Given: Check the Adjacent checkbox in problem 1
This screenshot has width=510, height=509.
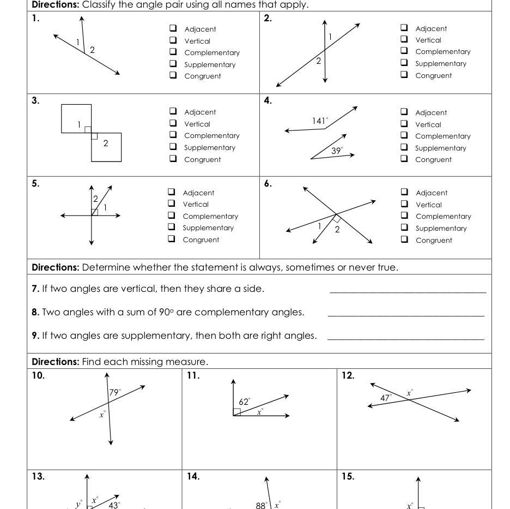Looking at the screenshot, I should coord(173,29).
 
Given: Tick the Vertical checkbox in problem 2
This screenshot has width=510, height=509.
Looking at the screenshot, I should coord(404,40).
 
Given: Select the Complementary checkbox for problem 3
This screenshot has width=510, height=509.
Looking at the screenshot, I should coord(173,135).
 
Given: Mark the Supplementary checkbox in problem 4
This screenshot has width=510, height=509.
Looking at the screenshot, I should coord(404,148).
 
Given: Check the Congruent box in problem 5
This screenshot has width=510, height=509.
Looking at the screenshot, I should coord(172,239).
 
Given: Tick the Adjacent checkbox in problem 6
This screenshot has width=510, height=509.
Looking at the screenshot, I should coord(404,192).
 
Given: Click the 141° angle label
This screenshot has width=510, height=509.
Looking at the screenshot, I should coord(320,121).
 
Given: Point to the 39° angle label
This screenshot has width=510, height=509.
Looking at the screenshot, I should coord(337,151).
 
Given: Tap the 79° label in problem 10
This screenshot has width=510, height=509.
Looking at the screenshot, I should coord(115,392).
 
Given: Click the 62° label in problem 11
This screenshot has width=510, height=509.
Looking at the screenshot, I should coord(245,402).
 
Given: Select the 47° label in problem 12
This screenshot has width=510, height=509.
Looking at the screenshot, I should coord(386,398).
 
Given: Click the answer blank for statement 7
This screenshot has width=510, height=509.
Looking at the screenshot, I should coord(408,292).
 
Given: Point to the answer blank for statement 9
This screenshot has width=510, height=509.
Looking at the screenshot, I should coord(405,339).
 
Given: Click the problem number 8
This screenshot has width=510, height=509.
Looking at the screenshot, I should coord(35,312).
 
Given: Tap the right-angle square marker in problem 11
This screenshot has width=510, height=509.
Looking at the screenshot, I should coord(237,412).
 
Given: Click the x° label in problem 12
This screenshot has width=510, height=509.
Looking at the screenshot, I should coord(410,393).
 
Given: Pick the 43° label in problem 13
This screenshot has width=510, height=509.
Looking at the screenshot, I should coord(114,505).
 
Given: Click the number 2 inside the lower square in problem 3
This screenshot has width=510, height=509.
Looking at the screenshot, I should coord(106,143).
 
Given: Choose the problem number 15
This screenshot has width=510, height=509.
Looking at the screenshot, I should coord(348,476).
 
